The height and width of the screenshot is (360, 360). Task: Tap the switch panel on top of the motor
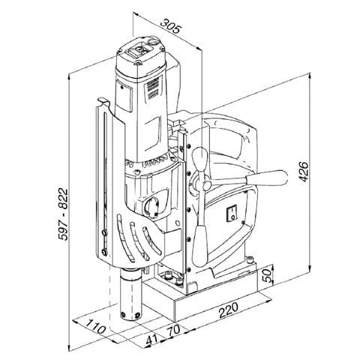[139, 52]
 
